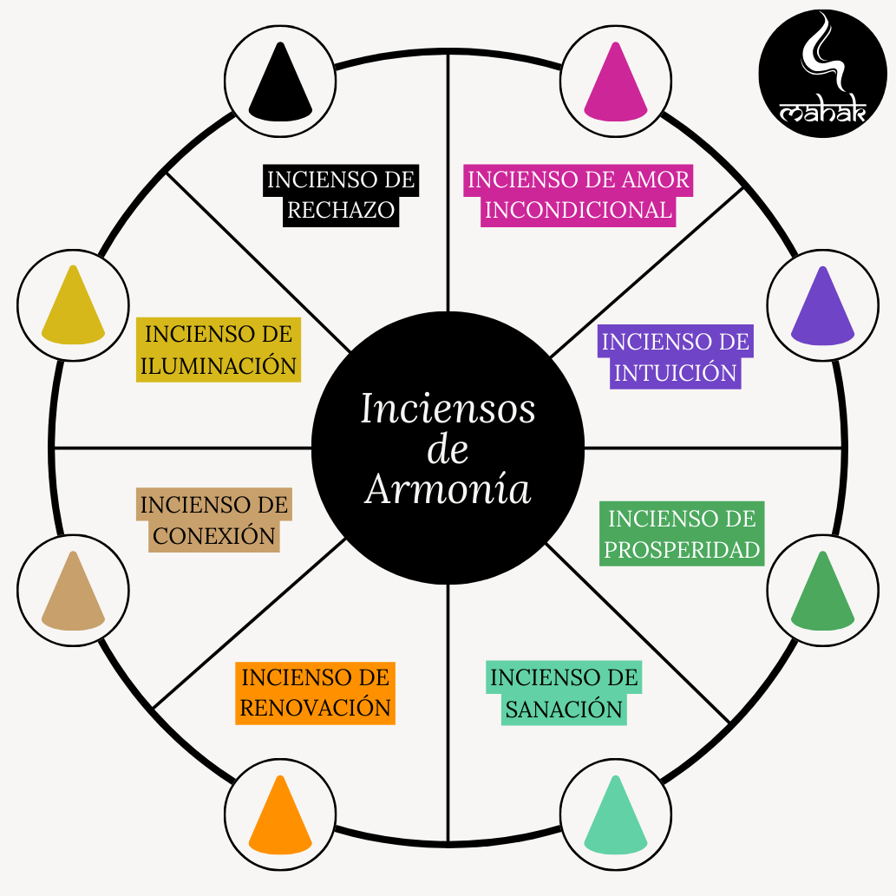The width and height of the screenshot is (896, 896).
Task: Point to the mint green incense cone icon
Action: (x=616, y=814)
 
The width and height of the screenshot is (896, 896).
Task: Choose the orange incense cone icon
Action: (x=280, y=814)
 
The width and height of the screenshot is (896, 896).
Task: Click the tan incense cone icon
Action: (x=73, y=590)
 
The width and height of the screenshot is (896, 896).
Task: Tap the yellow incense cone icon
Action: (x=73, y=305)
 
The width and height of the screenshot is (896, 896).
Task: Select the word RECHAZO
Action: (x=341, y=211)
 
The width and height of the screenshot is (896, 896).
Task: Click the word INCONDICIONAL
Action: (x=579, y=211)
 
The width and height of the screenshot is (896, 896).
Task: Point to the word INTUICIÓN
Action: (x=675, y=373)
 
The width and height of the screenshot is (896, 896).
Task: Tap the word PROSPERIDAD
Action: (x=682, y=550)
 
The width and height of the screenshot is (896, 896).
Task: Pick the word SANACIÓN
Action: (x=564, y=710)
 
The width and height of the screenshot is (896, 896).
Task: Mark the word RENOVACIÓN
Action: (x=315, y=708)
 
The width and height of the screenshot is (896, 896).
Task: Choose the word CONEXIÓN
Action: (x=214, y=536)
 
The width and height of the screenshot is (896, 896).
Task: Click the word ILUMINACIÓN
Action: (x=219, y=365)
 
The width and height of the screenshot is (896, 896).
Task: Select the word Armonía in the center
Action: (x=448, y=489)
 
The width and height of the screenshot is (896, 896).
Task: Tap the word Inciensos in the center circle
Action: (x=448, y=409)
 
